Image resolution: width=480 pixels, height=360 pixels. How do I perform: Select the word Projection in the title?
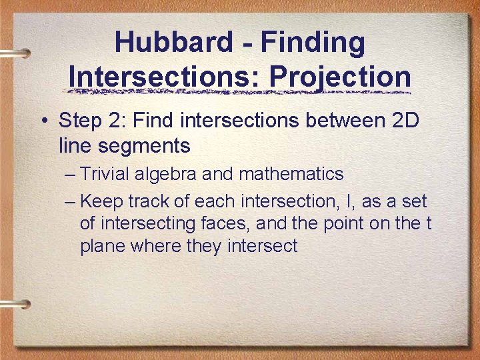coord(340,76)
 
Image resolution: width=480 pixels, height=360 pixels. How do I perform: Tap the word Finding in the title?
coord(313,43)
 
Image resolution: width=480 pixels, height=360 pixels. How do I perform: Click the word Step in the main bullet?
coord(79,121)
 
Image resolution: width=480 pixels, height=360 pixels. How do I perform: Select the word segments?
coord(152,145)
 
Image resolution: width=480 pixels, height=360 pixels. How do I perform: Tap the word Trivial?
coord(105,174)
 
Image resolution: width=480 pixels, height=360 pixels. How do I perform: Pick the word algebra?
coord(165,174)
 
